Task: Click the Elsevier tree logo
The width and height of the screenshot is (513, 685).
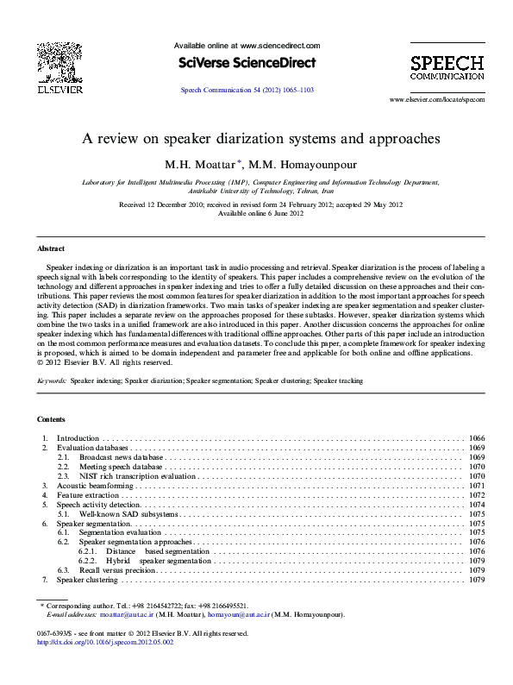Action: tap(59, 61)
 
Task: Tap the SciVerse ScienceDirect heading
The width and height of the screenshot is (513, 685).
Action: tap(247, 63)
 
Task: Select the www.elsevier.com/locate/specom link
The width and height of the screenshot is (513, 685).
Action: tap(437, 100)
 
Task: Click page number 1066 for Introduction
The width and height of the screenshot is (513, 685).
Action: tap(476, 439)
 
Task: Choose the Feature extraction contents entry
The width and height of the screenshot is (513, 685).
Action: tap(89, 496)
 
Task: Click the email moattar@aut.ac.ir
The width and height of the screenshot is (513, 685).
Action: tap(128, 615)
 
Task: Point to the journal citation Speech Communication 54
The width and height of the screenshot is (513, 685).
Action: tap(247, 90)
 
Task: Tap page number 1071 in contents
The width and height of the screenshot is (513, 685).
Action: tap(476, 487)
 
